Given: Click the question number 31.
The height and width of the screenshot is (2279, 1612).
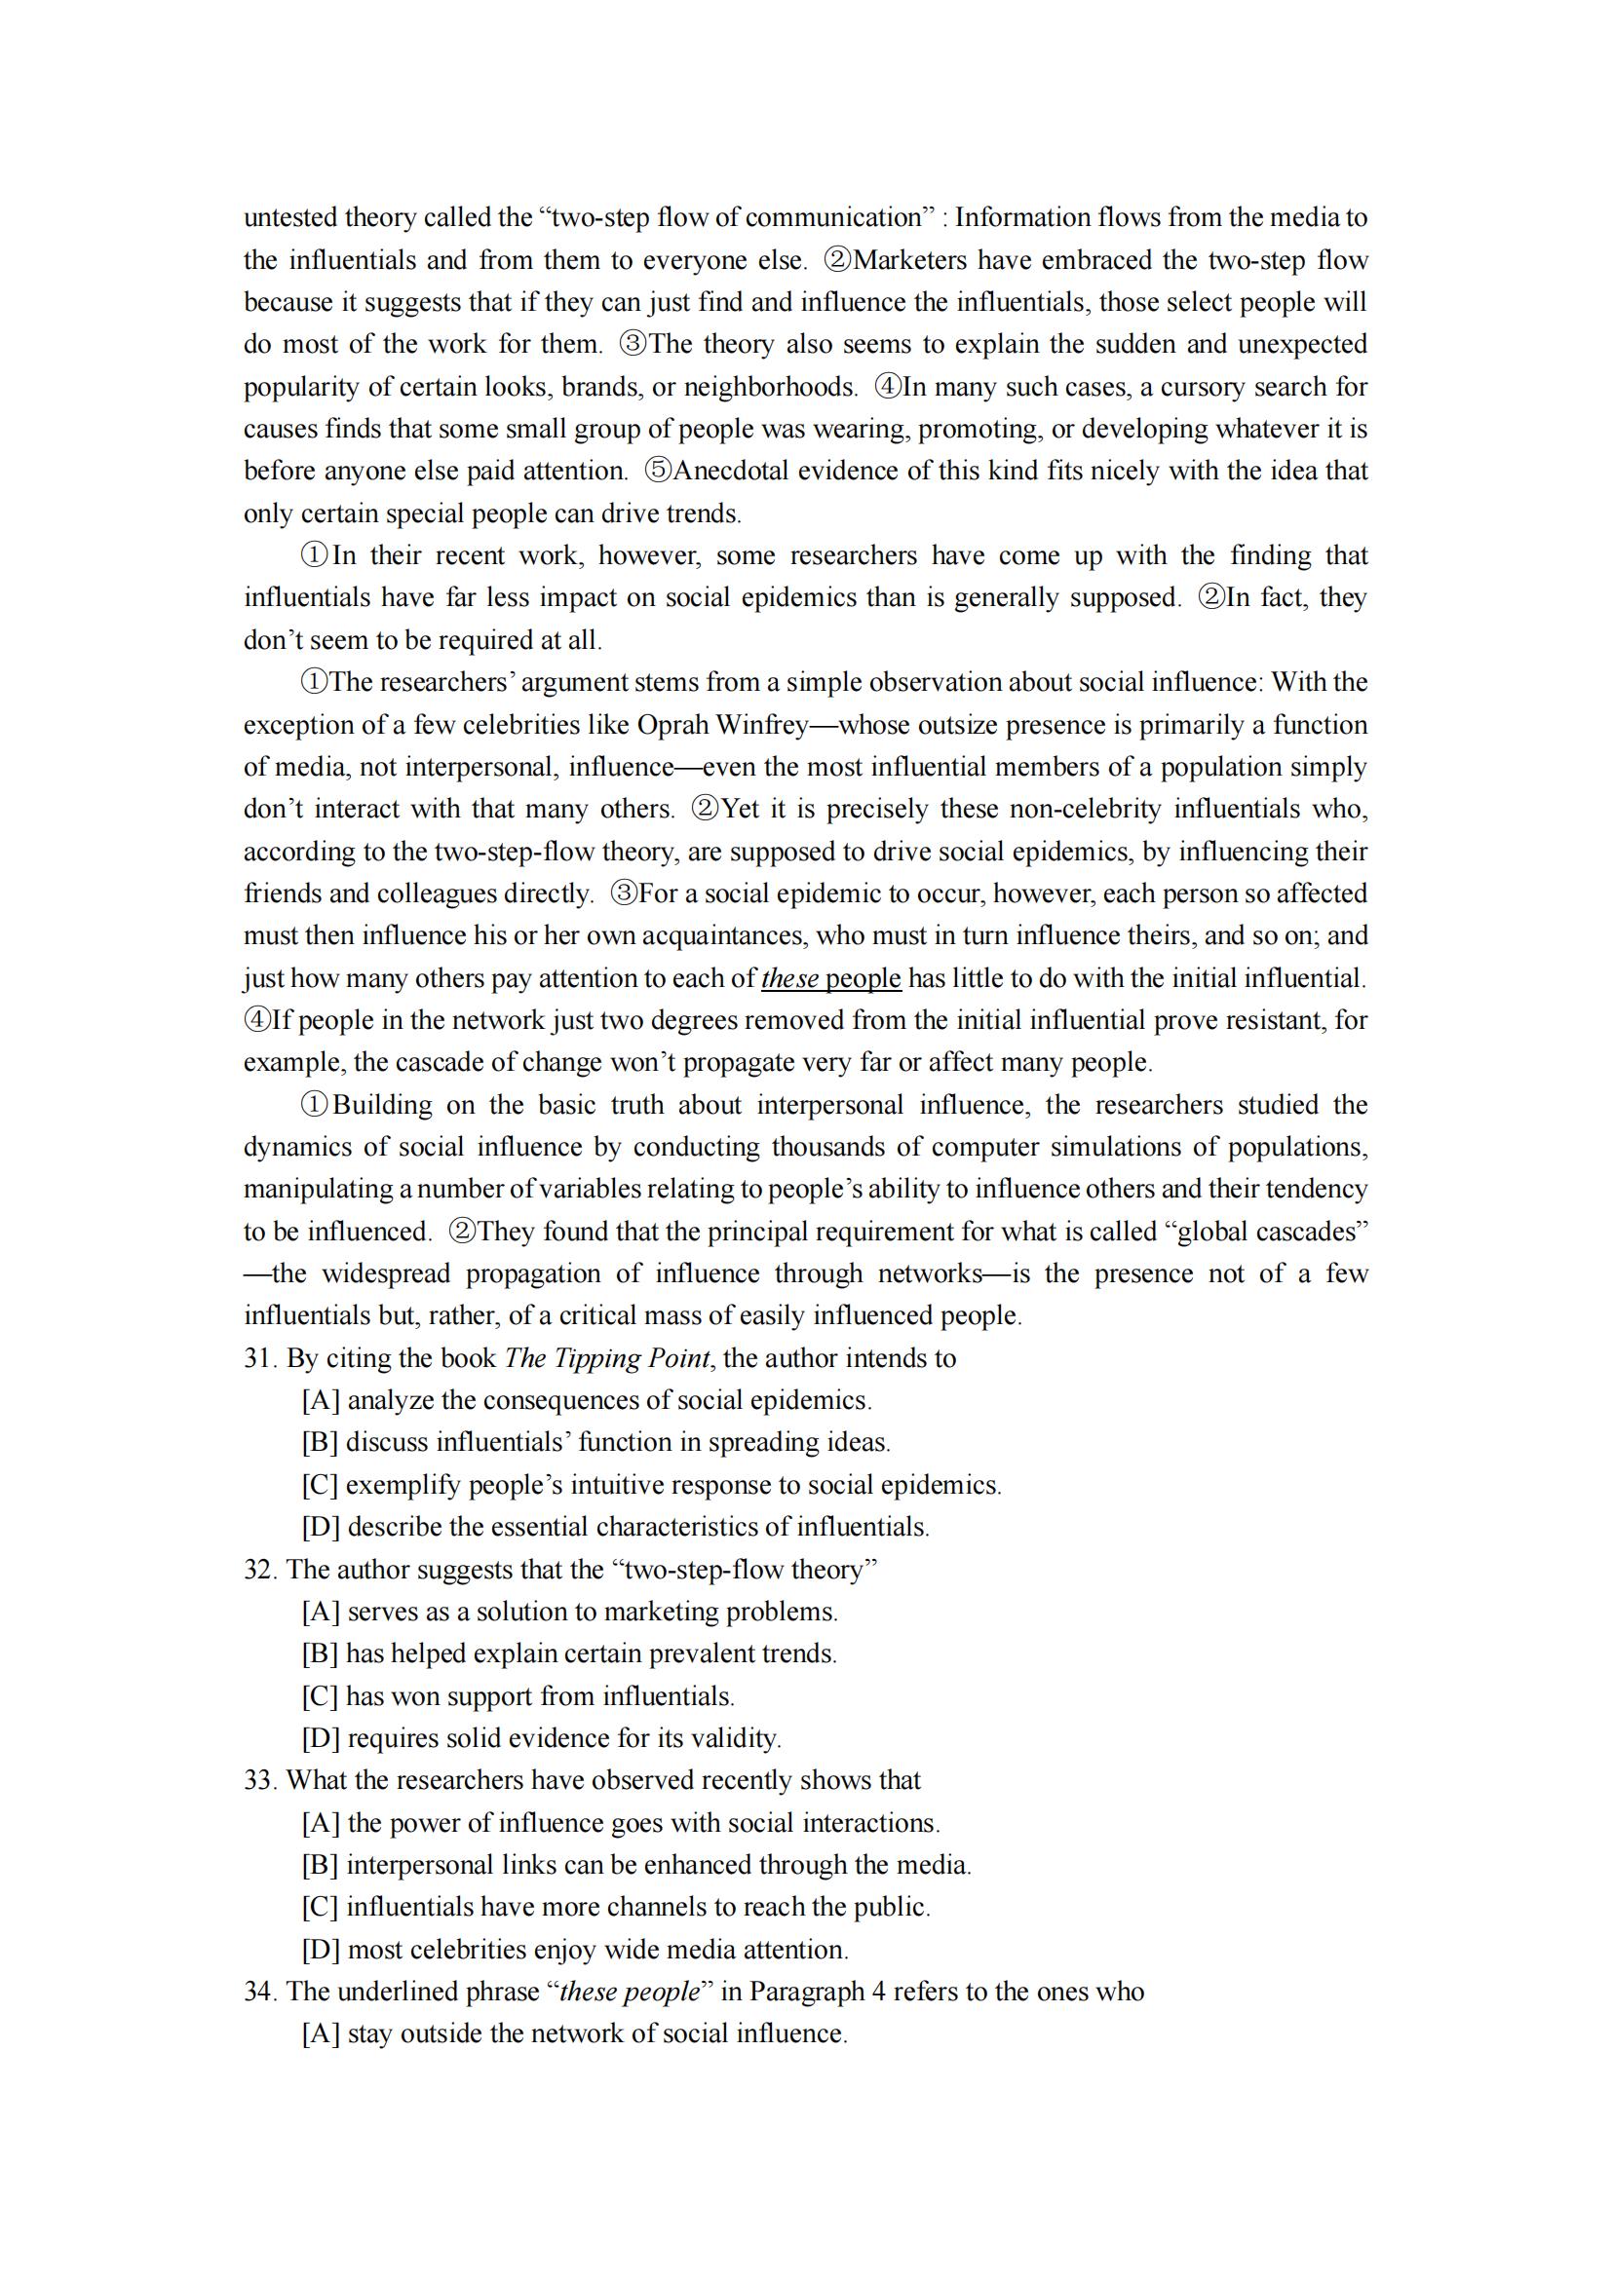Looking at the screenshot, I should tap(261, 1359).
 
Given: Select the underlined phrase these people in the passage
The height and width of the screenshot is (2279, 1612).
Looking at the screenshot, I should tap(830, 978).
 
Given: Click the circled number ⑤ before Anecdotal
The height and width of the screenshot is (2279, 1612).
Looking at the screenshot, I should tap(658, 471).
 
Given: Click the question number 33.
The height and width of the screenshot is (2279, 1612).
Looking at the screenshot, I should tap(261, 1781).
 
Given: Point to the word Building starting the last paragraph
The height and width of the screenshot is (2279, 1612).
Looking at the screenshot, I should tap(382, 1106).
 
